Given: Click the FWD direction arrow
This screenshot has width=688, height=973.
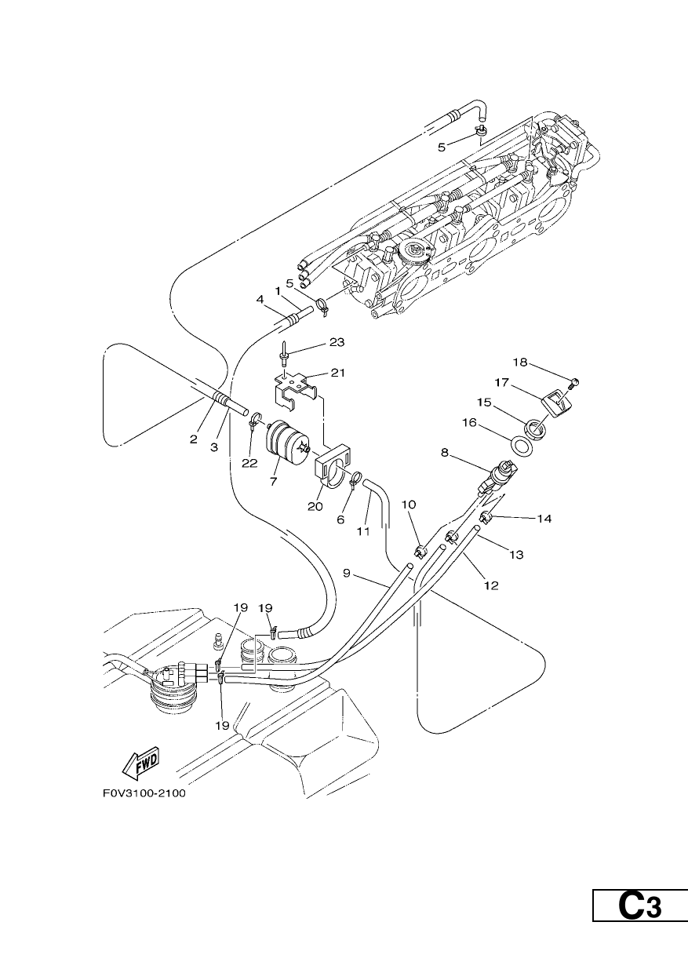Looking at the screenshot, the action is [141, 763].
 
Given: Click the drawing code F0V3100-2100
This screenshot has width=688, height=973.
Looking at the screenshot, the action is [144, 793].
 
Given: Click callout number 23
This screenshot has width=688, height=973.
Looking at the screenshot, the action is [337, 342].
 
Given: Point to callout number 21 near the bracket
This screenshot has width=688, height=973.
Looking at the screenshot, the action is [338, 373].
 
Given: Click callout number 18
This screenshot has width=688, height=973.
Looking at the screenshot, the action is [520, 362].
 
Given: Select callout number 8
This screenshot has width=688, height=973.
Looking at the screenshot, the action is [444, 453].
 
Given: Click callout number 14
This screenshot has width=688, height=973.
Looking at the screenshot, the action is [544, 518].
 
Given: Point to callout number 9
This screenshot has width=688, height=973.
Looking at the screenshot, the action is [346, 573].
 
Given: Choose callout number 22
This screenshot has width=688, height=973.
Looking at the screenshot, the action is [249, 464].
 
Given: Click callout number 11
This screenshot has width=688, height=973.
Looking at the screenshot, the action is [363, 530].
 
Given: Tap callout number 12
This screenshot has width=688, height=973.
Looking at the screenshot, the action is [491, 585].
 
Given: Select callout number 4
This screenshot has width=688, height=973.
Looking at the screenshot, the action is [260, 299].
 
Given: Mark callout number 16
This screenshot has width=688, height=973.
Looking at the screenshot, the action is [470, 422].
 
